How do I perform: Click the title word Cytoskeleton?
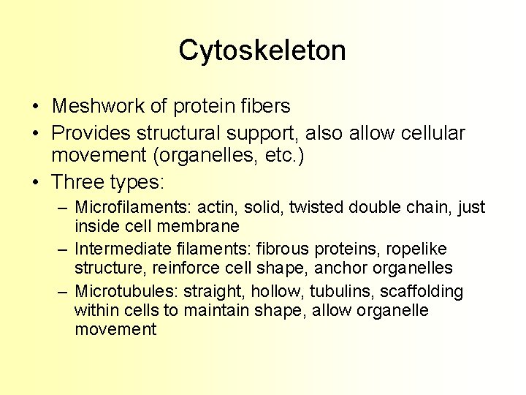262,50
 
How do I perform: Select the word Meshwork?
99,106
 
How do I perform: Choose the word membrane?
199,227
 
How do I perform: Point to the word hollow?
270,292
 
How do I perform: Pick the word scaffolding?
422,292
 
